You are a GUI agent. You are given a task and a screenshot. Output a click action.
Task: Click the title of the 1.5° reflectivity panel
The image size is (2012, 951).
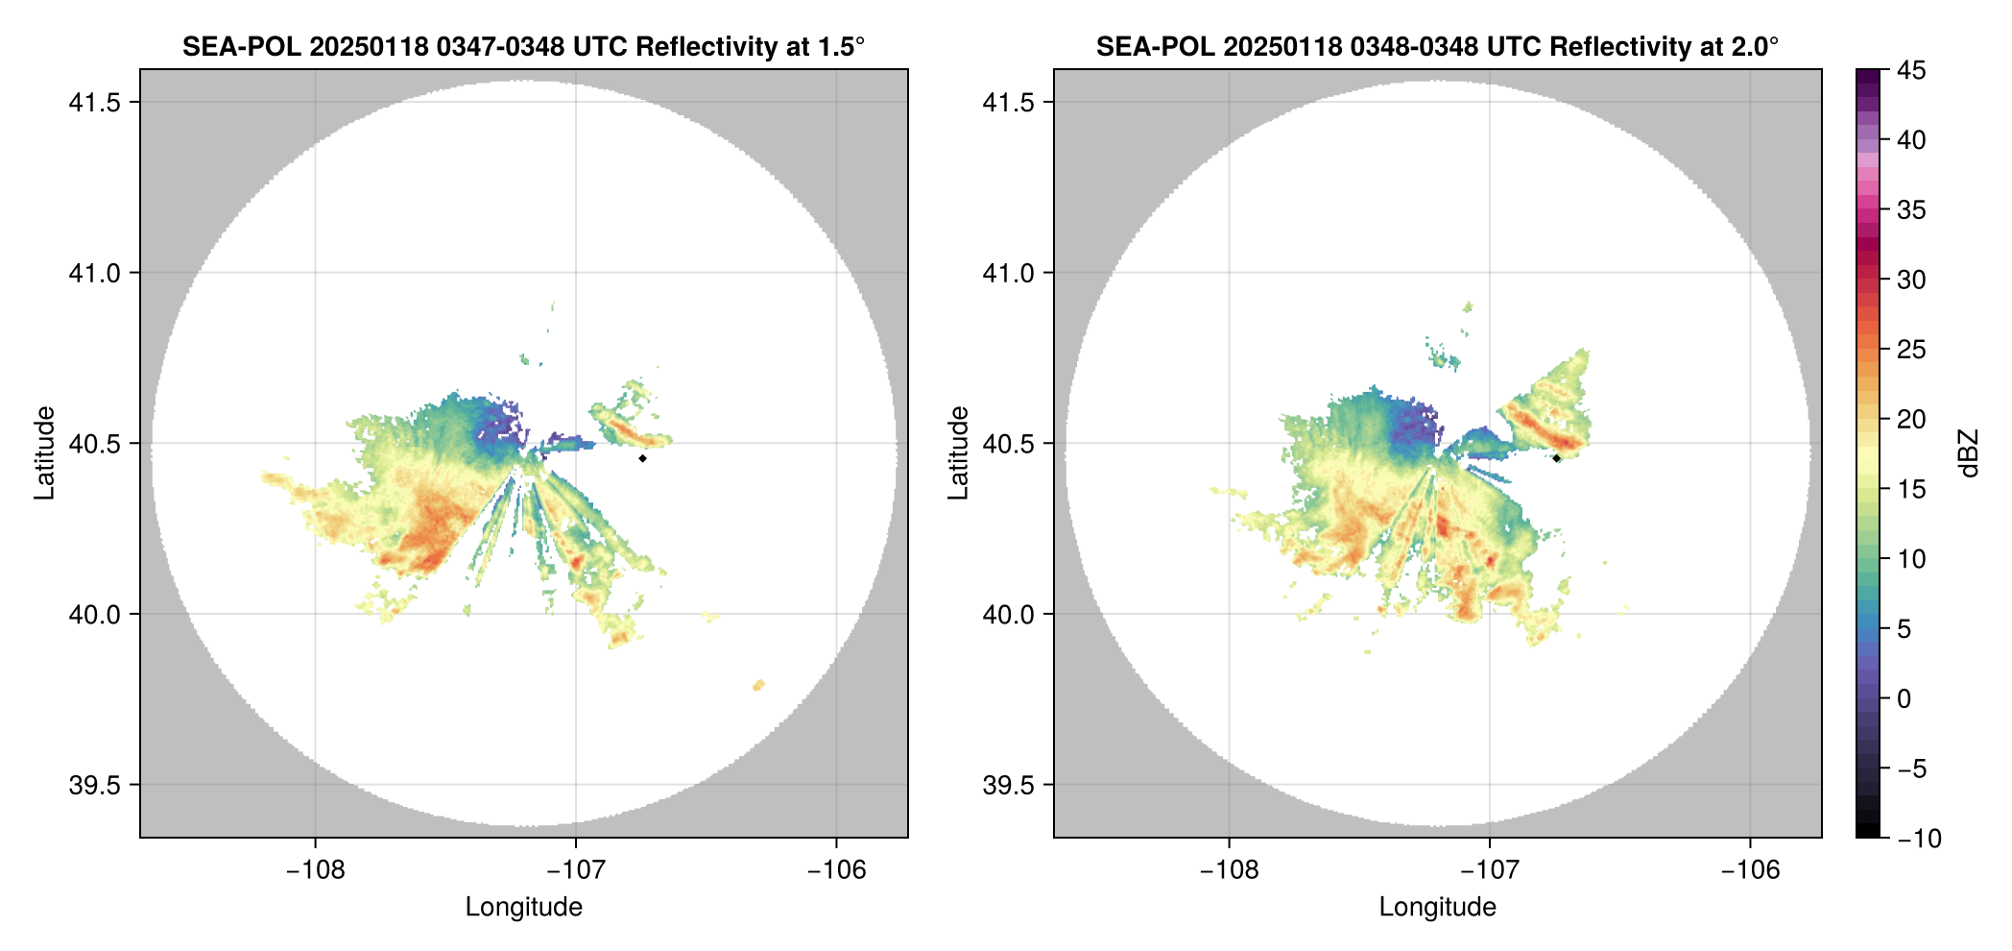coord(523,46)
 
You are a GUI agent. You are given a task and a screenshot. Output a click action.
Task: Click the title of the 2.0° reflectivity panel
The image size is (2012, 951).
coord(1437,46)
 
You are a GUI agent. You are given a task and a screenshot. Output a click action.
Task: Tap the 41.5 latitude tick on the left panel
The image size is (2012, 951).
coord(94,102)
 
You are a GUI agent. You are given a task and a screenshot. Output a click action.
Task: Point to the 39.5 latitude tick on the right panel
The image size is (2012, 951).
coord(1008,785)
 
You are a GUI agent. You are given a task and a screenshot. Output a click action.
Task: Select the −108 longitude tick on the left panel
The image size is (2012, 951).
coord(315,870)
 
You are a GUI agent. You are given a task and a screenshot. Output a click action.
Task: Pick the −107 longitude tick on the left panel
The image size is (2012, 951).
coord(575,870)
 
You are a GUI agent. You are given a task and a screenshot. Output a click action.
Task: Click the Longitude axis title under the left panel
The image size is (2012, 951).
coord(523,907)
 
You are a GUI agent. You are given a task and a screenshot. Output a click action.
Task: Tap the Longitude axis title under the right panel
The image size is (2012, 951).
coord(1437,907)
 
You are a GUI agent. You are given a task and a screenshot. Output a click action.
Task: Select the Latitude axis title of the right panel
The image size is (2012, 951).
coord(958,452)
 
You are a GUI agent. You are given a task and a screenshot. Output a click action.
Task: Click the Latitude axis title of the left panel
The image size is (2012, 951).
coord(44,452)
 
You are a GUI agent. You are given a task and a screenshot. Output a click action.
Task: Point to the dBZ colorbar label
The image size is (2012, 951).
coord(1970,452)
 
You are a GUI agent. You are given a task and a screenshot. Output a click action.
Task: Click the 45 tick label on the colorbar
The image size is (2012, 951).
coord(1910,70)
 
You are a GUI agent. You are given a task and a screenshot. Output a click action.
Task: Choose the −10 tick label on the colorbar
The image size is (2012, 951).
coord(1919,839)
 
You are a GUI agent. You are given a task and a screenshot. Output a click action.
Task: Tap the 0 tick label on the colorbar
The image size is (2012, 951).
coord(1904,698)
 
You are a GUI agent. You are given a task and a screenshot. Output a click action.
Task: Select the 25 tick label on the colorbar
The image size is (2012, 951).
coord(1910,350)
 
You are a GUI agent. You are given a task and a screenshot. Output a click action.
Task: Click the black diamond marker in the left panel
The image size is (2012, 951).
coord(642,458)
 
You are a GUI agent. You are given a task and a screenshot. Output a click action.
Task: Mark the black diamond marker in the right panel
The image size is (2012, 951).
coord(1556,458)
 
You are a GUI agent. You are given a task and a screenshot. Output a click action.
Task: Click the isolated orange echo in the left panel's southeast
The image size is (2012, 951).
coord(758,685)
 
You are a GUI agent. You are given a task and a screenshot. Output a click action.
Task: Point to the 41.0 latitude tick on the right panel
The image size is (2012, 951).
coord(1008,273)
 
